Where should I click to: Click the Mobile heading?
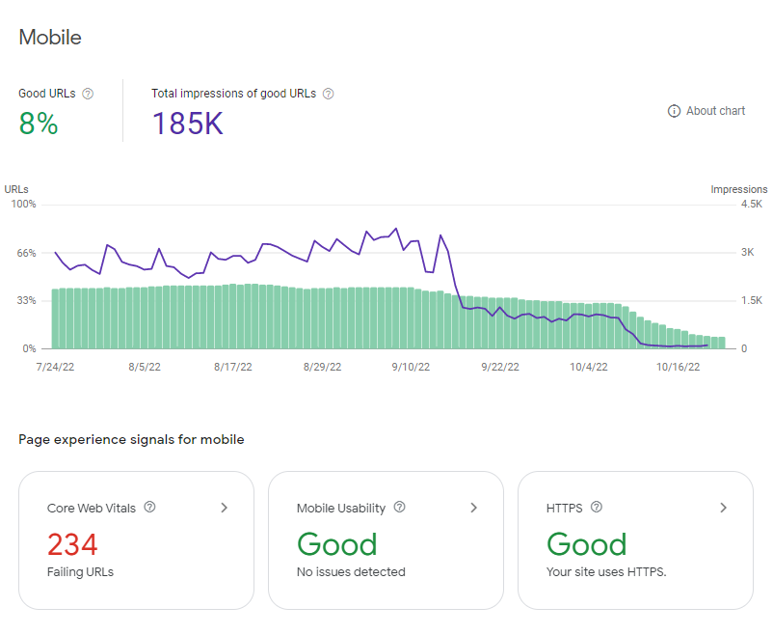point(50,38)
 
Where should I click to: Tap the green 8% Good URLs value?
point(39,123)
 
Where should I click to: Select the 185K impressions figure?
point(188,123)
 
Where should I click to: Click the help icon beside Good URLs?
point(88,94)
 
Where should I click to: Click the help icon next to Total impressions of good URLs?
point(329,94)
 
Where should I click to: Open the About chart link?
point(706,111)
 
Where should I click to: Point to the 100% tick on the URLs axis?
point(24,204)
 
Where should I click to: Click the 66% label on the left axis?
point(27,253)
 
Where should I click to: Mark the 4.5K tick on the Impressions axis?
point(751,204)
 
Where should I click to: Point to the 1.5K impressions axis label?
point(751,301)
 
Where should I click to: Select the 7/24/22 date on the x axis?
point(55,367)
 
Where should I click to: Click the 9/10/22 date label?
point(411,367)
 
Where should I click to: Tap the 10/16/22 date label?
point(678,367)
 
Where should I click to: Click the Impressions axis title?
point(739,189)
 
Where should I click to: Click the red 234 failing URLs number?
point(72,544)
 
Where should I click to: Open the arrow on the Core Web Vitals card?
point(225,508)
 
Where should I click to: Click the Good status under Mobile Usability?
point(337,544)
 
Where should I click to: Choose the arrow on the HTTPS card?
point(723,508)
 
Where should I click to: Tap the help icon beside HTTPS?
point(597,507)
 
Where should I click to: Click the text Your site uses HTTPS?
point(606,572)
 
